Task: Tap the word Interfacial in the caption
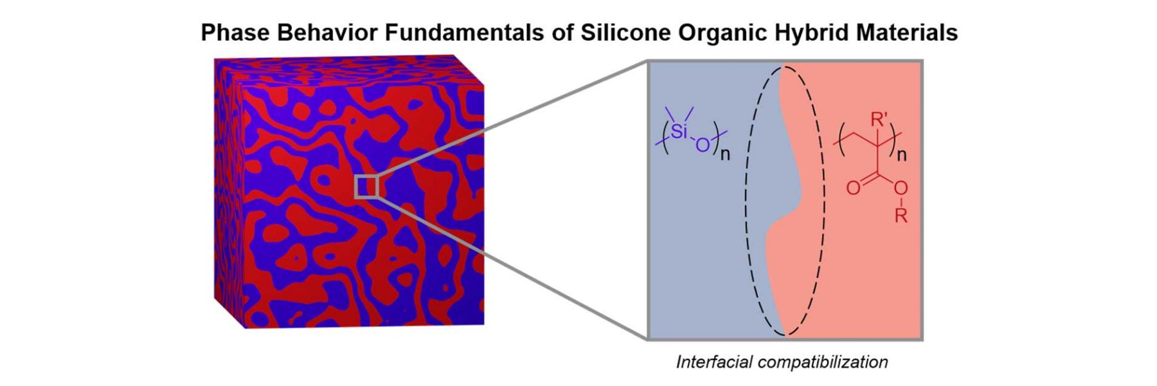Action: coord(714,362)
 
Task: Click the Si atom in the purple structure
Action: coord(679,133)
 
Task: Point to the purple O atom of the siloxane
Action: coord(703,145)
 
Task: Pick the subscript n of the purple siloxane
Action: coord(724,155)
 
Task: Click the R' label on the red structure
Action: coord(879,120)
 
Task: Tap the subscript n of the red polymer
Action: coord(901,155)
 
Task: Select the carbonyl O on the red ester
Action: coord(852,188)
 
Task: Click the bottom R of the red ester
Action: coord(901,216)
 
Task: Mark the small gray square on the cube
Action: coord(367,186)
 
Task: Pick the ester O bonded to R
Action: coord(901,188)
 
